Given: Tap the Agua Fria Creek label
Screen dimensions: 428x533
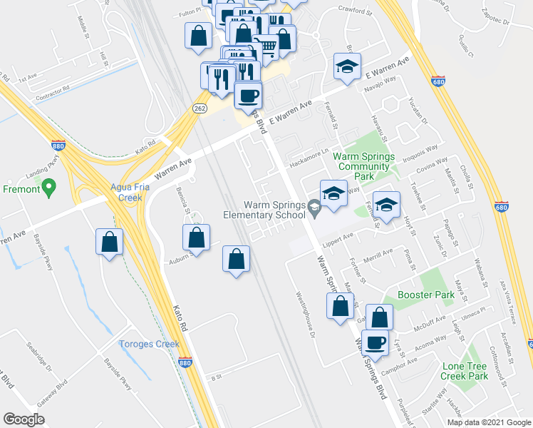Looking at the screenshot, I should coord(110,193).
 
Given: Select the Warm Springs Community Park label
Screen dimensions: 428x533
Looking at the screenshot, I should coord(364,166).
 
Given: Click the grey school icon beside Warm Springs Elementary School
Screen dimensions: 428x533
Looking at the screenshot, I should coord(314,207).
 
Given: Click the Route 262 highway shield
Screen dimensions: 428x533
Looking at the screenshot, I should coord(200,107).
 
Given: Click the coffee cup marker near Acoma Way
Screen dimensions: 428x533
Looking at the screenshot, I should coord(375,341).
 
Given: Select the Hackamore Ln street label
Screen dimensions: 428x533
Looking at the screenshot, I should coord(309,153).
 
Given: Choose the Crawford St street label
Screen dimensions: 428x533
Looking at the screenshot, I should coord(355,12).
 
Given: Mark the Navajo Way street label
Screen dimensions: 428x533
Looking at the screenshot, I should coord(384,83).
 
